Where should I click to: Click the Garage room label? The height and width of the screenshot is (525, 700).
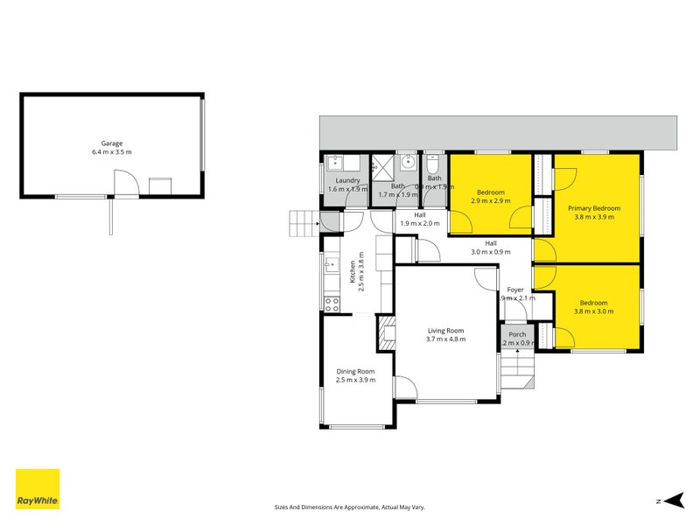111,143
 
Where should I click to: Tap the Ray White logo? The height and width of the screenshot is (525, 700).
38,489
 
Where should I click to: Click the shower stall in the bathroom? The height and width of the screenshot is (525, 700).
381,166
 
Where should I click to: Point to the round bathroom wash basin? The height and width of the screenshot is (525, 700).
408,163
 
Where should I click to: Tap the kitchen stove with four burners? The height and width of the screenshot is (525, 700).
332,304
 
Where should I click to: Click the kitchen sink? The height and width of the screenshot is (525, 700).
331,264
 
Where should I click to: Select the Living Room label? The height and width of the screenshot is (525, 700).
445,330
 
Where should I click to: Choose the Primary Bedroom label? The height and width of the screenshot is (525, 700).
593,208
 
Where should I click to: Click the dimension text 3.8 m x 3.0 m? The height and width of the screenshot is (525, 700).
591,311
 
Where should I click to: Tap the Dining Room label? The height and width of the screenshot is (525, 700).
356,371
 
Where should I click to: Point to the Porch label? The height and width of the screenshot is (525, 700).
517,334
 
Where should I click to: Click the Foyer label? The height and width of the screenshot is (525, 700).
515,290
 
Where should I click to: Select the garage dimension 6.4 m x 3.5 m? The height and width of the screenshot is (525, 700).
111,152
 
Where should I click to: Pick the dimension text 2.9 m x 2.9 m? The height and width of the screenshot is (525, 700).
490,201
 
